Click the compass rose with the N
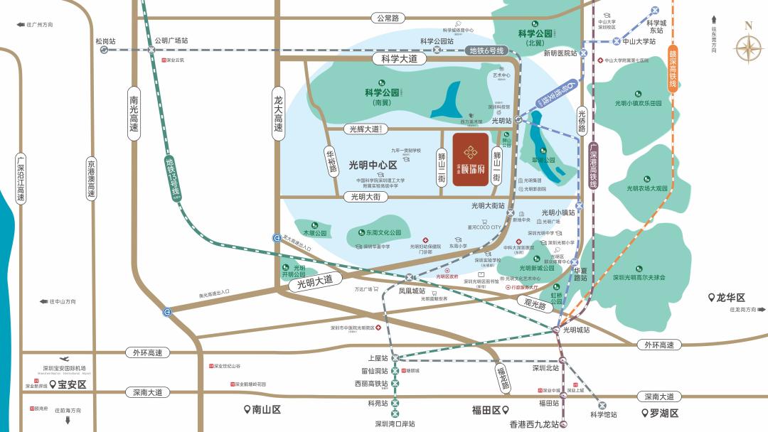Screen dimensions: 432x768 pos(747,48)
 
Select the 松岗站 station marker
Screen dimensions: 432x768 pos(104,50)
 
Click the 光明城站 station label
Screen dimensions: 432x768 pos(576,330)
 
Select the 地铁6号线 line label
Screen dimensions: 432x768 pos(487,50)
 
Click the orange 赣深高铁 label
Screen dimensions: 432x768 pos(671,67)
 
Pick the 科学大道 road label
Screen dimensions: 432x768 pos(400,60)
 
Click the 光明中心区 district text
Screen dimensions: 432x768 pos(373,165)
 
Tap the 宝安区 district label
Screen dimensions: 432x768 pos(71,384)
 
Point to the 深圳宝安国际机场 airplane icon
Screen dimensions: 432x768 pos(65,359)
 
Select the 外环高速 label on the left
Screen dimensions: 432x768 pos(147,352)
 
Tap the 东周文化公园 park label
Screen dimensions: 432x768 pos(380,232)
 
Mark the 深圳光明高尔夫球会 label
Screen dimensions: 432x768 pos(639,277)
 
